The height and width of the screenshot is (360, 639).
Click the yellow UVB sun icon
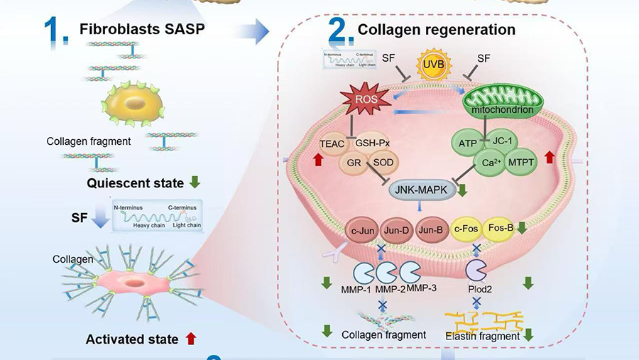(433, 67)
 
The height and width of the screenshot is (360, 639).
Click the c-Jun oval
(363, 231)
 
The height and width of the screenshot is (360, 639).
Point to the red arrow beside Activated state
(190, 339)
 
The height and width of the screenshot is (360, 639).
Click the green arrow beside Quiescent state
(196, 182)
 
